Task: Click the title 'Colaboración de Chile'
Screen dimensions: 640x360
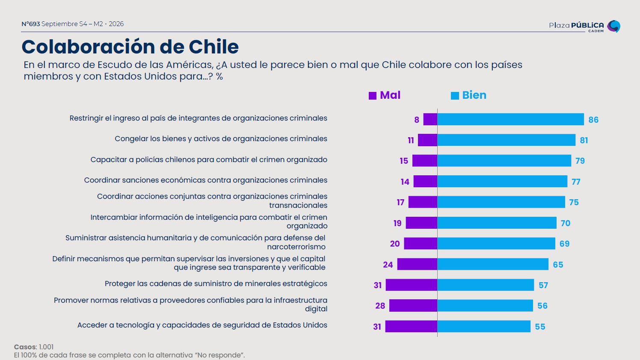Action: point(130,47)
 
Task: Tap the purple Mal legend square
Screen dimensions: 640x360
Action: point(373,96)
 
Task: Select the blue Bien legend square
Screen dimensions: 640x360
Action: point(455,96)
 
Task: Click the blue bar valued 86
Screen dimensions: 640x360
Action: point(510,119)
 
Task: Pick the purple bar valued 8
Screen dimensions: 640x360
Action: point(430,119)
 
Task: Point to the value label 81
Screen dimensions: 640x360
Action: point(584,140)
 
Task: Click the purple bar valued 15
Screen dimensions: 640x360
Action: point(425,161)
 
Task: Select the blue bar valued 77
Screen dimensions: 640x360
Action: point(502,181)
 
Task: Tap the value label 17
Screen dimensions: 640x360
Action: point(400,202)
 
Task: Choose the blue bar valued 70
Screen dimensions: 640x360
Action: point(497,223)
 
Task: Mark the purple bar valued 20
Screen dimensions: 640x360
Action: point(421,244)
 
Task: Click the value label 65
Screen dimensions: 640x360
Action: point(558,265)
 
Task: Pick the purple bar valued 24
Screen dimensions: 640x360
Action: point(417,264)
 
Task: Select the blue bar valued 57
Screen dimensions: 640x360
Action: point(486,285)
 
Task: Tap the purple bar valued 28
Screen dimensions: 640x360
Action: point(413,305)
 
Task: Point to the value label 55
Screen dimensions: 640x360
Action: point(540,327)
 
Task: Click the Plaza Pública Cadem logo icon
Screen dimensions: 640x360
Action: point(614,26)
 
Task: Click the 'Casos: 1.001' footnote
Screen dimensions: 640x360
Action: point(34,347)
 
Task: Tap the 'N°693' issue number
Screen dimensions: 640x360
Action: point(30,24)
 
